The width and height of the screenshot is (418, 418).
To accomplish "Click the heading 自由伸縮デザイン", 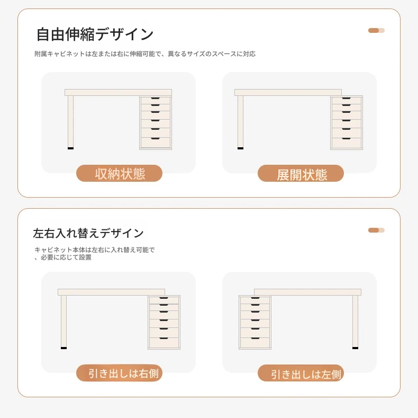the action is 95,34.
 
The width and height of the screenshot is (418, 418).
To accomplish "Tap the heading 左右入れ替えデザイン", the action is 88,233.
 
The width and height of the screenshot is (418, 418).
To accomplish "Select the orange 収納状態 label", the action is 119,173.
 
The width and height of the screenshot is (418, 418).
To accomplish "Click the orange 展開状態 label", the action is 301,173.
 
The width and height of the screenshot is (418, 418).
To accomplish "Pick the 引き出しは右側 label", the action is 119,373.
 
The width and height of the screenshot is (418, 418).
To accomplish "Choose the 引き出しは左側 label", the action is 301,373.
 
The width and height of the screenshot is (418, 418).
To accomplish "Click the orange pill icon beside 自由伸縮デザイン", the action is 376,30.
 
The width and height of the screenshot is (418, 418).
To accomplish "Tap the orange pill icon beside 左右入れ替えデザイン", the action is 376,230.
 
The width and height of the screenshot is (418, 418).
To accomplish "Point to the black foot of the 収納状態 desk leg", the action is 71,148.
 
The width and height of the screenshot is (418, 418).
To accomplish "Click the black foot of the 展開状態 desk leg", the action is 240,148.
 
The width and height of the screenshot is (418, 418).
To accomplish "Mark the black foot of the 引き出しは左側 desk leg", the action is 355,348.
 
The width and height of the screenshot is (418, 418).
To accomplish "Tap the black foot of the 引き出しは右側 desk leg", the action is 63,348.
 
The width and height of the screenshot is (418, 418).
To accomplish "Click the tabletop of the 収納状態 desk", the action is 118,92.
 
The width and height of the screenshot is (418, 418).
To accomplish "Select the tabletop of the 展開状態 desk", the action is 288,92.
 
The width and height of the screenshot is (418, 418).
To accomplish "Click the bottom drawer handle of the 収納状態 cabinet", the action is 155,138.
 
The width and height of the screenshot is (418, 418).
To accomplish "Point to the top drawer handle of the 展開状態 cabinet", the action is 346,98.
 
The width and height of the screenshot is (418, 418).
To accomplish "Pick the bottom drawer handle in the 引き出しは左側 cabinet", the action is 255,338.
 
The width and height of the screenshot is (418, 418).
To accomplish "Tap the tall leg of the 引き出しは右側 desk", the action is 63,321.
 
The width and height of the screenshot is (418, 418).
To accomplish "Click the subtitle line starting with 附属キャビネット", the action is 145,54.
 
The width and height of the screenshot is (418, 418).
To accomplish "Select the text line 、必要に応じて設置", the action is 63,257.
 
